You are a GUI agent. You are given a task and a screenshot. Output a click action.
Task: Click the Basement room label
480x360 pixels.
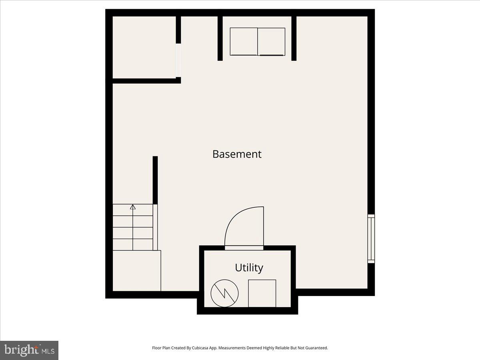pos(237,154)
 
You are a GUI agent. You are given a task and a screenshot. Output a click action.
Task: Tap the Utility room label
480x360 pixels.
pos(249,267)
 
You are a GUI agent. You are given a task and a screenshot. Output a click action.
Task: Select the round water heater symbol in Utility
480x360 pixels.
pos(225,293)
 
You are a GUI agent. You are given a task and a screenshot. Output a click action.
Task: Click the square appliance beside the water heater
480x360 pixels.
pos(262,293)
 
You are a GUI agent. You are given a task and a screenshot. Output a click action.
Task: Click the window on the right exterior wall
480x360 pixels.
pos(371,239)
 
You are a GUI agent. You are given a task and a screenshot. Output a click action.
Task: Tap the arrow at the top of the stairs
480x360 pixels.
pos(133,207)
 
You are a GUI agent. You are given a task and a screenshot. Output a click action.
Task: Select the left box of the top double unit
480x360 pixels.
pos(244,42)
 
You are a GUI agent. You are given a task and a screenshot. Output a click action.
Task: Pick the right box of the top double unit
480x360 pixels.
pos(272,42)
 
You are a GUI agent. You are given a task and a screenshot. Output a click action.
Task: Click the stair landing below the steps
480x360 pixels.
pos(137,271)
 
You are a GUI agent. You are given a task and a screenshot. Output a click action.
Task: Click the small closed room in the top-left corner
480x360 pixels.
pos(144,47)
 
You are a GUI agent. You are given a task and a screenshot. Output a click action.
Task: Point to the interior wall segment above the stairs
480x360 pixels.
pos(155,180)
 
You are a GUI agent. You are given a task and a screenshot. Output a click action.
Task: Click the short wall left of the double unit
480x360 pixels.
pos(220,38)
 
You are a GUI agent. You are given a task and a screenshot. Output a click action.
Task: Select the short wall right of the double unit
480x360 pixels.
pos(294,38)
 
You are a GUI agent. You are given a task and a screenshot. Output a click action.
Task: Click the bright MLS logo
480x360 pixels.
pos(29,350)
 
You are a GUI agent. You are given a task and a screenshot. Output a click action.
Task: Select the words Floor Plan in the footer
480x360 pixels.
pos(161,348)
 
